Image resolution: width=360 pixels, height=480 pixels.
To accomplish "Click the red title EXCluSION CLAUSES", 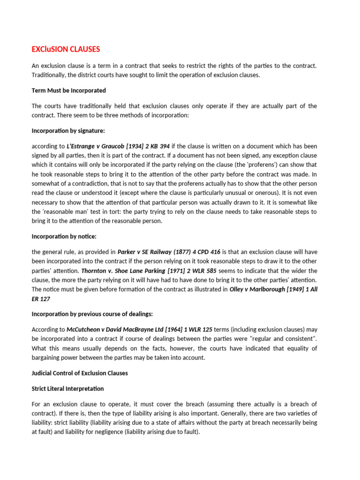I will pos(66,49).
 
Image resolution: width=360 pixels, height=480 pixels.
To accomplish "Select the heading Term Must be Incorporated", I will pos(68,90).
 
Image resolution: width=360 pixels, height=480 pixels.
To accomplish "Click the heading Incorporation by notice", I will pos(64,236).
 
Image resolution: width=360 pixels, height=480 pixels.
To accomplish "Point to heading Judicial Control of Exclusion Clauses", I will pos(79,373).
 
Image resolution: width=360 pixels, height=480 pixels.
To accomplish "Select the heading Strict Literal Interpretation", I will pos(67,389).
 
